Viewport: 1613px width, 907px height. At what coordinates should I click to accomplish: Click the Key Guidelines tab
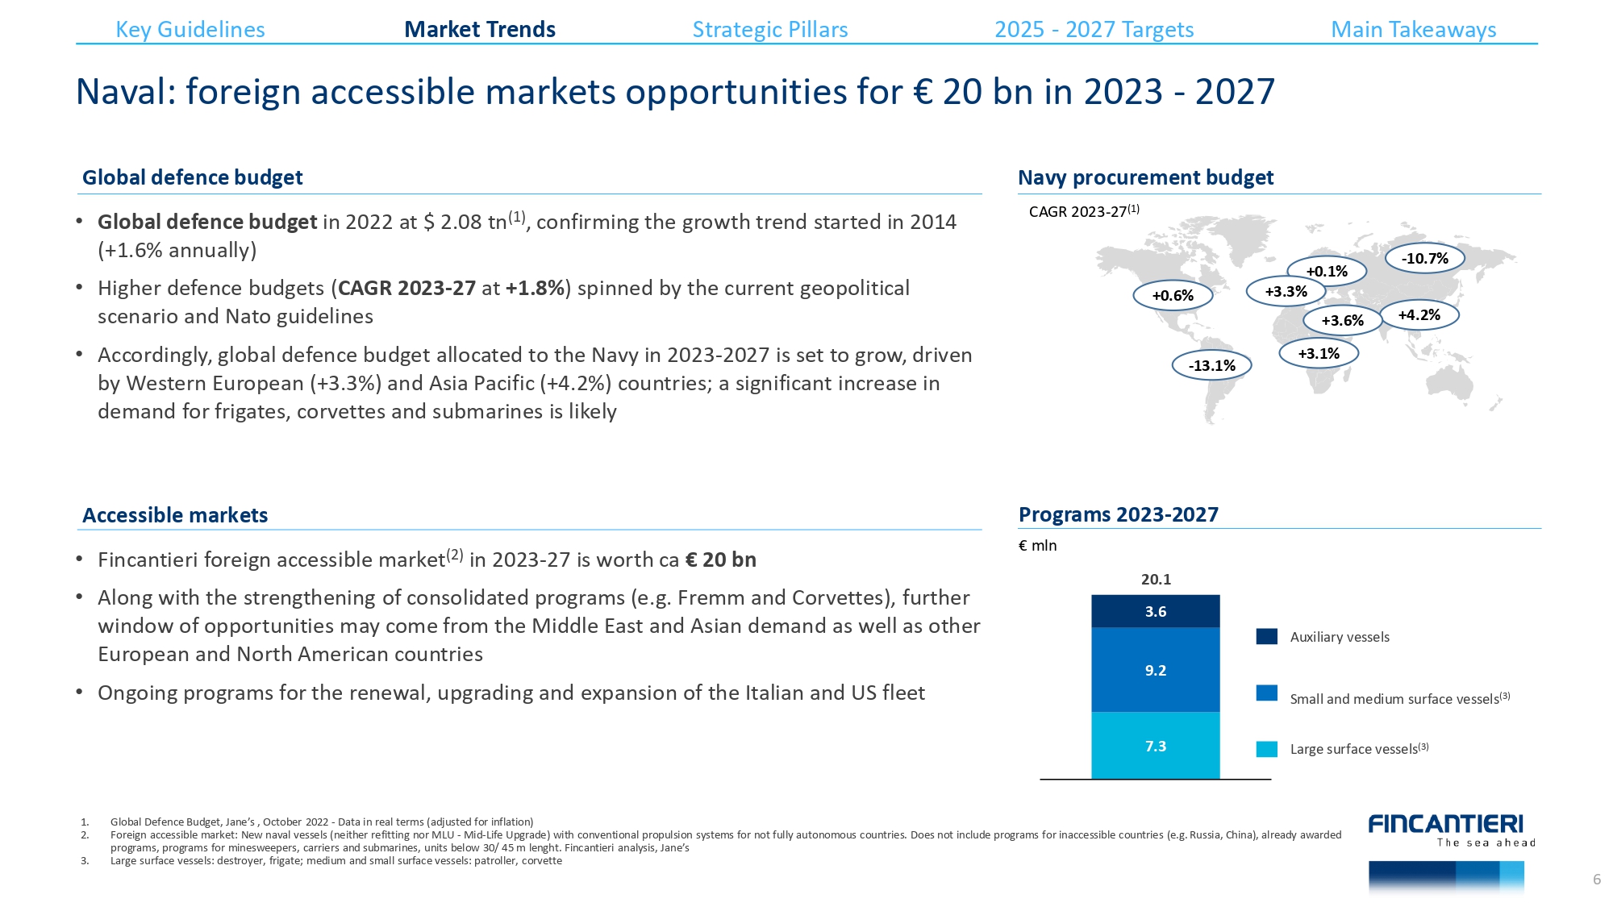tap(190, 30)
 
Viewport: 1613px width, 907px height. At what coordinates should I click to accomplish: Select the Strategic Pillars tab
tap(770, 30)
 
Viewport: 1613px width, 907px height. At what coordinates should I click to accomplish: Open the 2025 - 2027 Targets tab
tap(1094, 30)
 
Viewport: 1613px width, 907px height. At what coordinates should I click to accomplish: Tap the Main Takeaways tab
tap(1413, 30)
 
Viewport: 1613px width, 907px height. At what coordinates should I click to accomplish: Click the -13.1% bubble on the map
tap(1211, 366)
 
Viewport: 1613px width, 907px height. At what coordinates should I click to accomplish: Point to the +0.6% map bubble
tap(1173, 296)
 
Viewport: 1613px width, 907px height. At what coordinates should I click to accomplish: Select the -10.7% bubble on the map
tap(1424, 259)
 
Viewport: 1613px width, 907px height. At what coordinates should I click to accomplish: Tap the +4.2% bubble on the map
tap(1419, 315)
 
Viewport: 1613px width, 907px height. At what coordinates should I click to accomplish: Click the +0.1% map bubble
tap(1327, 272)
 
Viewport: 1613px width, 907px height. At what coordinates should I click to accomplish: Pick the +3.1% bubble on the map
tap(1319, 354)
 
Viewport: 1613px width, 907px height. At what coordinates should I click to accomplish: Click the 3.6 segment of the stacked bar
tap(1155, 612)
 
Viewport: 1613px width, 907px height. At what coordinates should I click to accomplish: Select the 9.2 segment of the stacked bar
tap(1155, 670)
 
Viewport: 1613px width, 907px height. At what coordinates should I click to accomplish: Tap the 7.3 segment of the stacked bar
tap(1155, 746)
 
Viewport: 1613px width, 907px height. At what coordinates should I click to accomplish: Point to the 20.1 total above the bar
tap(1156, 580)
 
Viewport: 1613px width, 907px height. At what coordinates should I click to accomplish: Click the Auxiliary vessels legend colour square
tap(1266, 637)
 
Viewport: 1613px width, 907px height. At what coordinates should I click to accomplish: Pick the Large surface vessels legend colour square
tap(1266, 749)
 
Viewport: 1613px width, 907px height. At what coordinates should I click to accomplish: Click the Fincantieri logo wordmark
tap(1445, 824)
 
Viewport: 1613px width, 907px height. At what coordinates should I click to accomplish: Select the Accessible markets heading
tap(175, 515)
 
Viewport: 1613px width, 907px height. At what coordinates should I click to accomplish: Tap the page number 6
tap(1596, 880)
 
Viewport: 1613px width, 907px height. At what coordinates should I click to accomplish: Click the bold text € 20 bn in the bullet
tap(720, 560)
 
